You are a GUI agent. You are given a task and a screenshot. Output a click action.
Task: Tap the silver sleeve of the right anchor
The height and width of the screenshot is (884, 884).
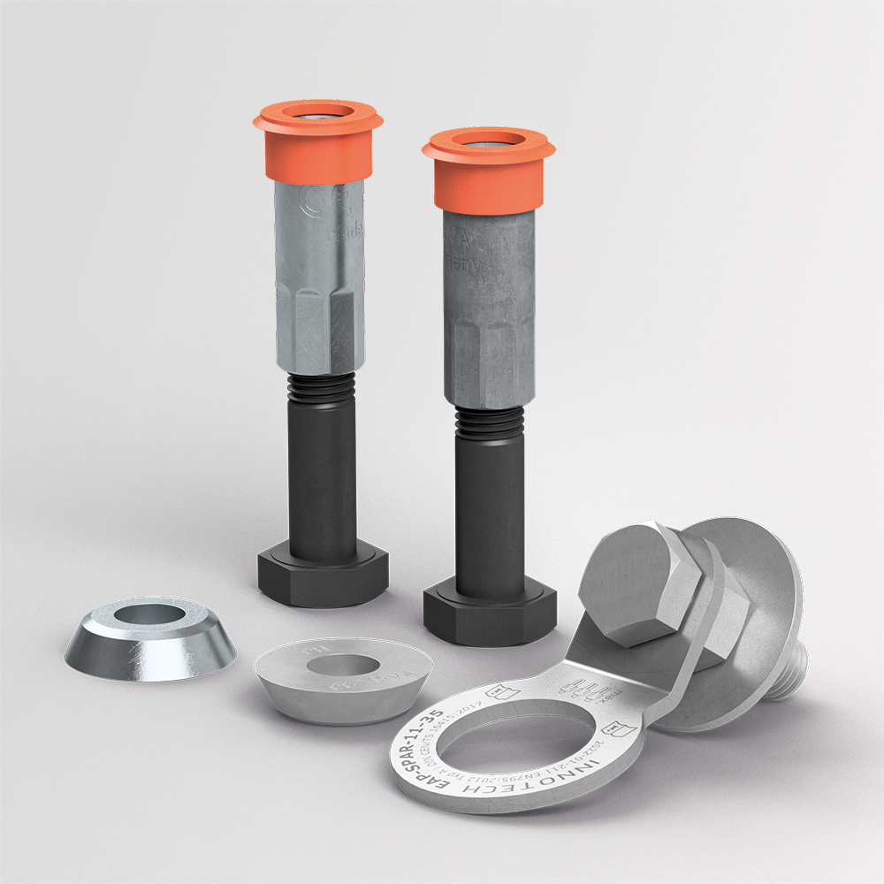pos(489,301)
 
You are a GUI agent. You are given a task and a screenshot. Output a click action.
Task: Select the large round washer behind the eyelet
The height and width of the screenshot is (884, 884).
pos(760,601)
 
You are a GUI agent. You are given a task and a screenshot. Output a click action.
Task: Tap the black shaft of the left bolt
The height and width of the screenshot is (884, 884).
pos(322,477)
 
